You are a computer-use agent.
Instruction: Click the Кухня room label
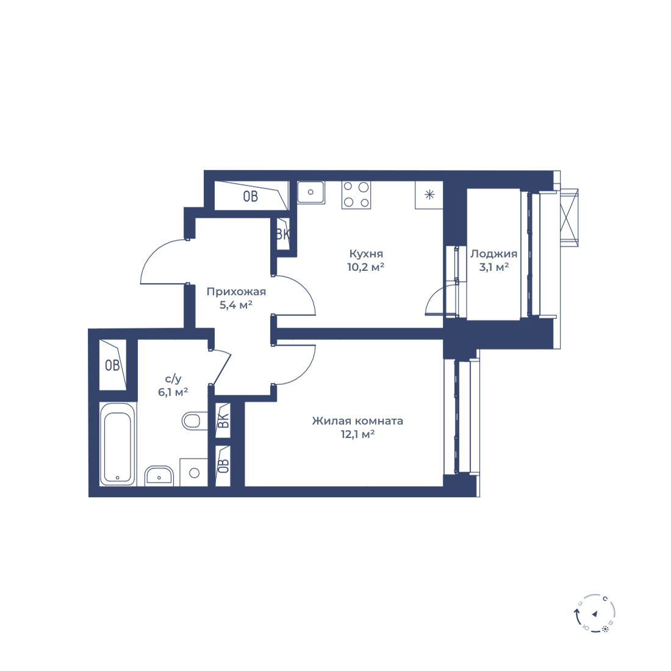(x=366, y=254)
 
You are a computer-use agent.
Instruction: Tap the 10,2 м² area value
(x=365, y=267)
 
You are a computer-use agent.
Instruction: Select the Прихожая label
(x=236, y=292)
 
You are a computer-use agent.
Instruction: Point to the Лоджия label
(x=494, y=254)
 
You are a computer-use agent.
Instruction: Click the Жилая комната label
(x=357, y=421)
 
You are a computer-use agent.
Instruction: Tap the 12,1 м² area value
(x=357, y=434)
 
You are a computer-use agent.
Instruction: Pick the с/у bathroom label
(x=173, y=379)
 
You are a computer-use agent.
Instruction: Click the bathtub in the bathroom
(x=118, y=443)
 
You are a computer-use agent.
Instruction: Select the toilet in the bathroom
(x=191, y=421)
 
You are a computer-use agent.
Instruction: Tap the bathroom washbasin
(x=159, y=476)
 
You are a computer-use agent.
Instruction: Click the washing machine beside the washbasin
(x=194, y=472)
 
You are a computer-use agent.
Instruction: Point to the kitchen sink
(x=310, y=192)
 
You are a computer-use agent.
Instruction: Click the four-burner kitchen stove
(x=356, y=195)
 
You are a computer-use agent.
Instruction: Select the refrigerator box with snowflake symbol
(x=429, y=195)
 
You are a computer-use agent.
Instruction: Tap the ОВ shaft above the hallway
(x=251, y=196)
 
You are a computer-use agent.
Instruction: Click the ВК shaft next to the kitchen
(x=282, y=234)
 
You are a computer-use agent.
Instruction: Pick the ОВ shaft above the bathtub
(x=113, y=365)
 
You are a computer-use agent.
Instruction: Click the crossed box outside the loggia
(x=569, y=218)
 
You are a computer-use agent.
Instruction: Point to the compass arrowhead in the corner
(x=594, y=614)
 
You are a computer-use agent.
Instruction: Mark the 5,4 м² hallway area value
(x=236, y=305)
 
